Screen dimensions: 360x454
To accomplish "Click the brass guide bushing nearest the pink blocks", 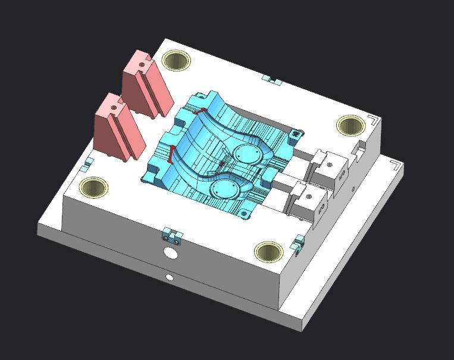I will point(176,60).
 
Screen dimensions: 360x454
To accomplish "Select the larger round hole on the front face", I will point(171,254).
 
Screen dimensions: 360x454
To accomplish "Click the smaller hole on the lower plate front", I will point(170,277).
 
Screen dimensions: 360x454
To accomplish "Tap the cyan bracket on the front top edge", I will point(171,235).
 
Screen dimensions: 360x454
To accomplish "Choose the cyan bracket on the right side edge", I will point(298,242).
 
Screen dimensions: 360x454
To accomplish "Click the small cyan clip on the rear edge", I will point(273,79).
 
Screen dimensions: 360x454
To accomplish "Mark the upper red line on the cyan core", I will point(201,111).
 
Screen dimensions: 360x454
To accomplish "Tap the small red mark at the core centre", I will point(223,162).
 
